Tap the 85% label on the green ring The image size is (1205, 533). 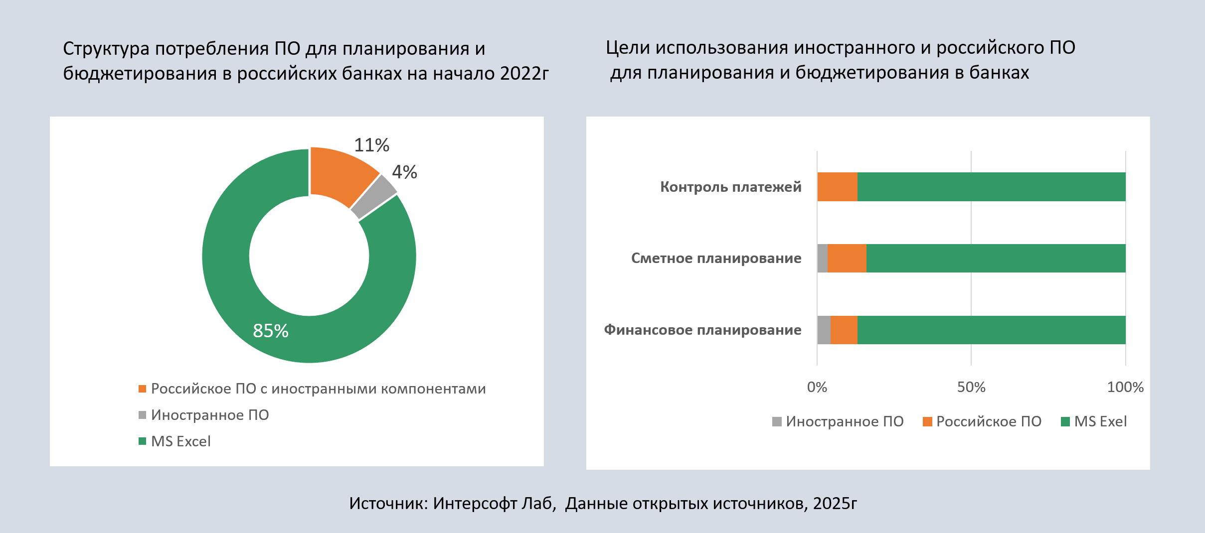click(271, 331)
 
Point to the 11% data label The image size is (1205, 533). click(371, 145)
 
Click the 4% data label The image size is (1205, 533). click(404, 172)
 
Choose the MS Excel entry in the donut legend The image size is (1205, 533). click(180, 441)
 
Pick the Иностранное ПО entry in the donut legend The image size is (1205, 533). click(210, 415)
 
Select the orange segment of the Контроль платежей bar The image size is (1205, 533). click(837, 187)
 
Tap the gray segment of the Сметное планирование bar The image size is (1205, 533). click(822, 258)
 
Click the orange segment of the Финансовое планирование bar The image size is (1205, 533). click(844, 330)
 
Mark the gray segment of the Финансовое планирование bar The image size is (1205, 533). click(824, 330)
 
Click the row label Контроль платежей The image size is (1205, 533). click(730, 187)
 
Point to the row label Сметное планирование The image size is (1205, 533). click(716, 258)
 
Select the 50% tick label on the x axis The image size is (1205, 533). click(971, 387)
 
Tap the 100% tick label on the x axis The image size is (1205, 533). click(1125, 387)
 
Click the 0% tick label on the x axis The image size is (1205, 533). click(817, 387)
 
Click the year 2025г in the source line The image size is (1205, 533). click(835, 504)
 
